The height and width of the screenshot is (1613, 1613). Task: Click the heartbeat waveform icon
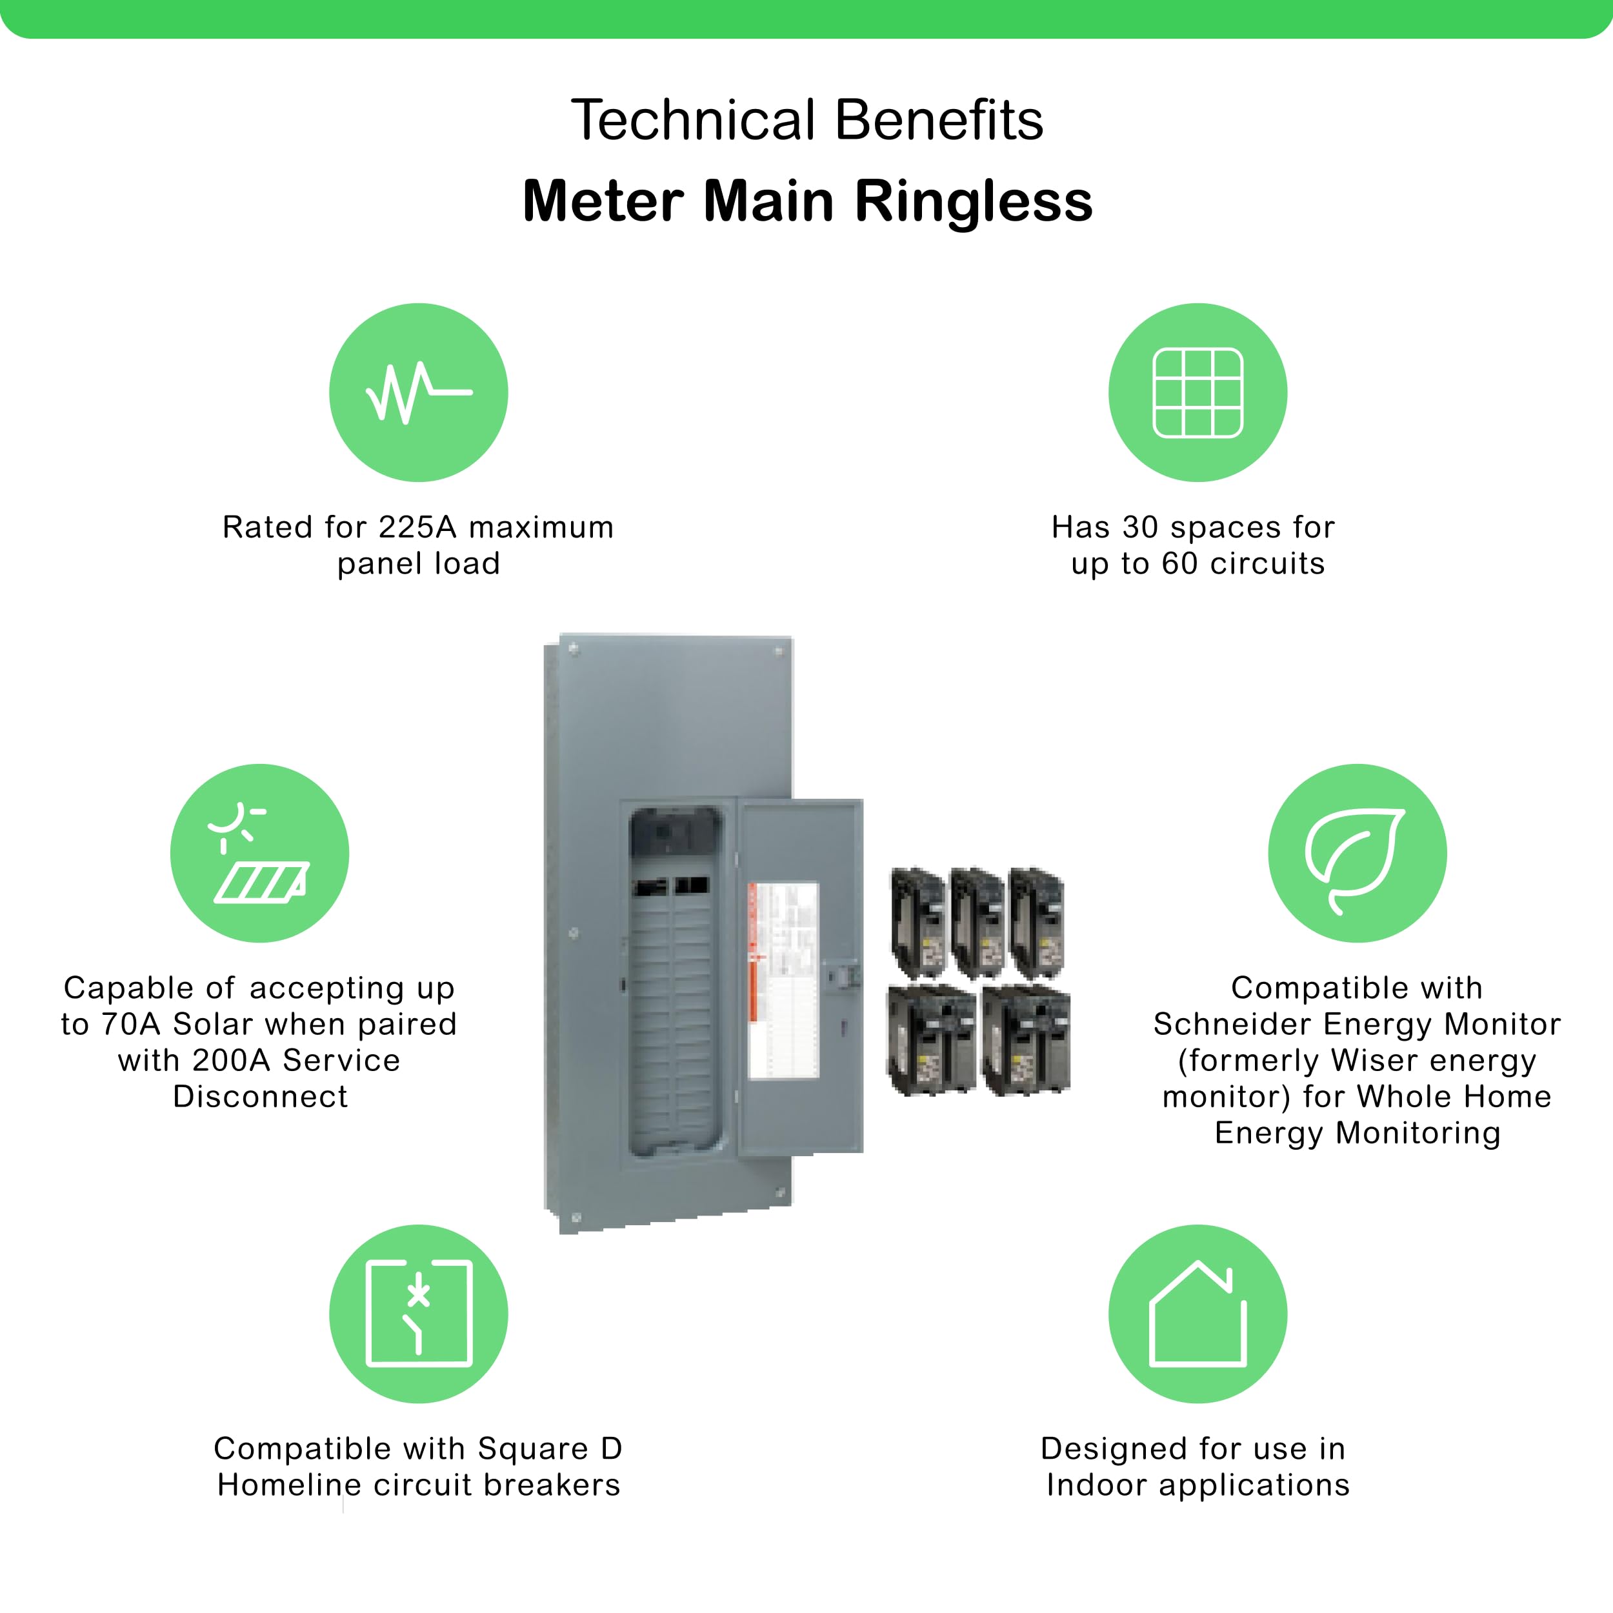click(x=418, y=392)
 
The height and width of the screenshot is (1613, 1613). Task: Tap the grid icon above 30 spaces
click(x=1197, y=392)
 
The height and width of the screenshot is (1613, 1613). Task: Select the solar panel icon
click(x=259, y=852)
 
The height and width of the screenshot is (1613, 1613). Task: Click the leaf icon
click(x=1357, y=852)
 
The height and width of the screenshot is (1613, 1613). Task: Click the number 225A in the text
click(x=417, y=528)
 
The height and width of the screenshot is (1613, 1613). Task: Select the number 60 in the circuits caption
click(x=1179, y=563)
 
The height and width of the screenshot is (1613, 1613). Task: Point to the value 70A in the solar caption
click(x=130, y=1025)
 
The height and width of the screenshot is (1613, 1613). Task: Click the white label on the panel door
click(x=783, y=980)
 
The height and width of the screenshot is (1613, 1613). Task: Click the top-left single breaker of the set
click(x=917, y=922)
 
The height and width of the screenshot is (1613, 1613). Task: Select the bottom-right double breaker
click(x=1026, y=1039)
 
